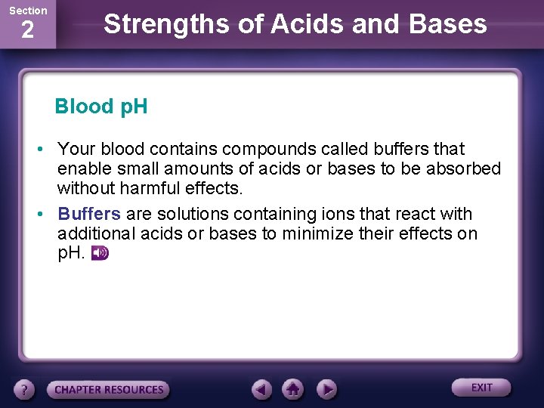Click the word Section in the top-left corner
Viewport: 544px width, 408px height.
point(28,11)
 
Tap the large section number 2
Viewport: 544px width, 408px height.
point(27,31)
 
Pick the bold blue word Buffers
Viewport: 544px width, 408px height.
point(89,214)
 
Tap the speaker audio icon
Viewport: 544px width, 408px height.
point(100,253)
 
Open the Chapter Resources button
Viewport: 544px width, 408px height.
point(109,390)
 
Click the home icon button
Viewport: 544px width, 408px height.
point(293,389)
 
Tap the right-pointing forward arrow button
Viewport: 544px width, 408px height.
point(326,389)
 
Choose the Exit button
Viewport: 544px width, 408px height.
point(481,388)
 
